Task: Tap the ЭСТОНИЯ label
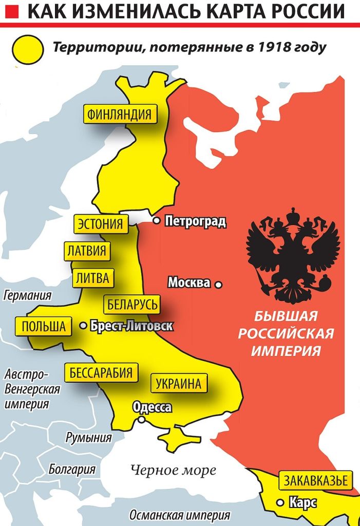(101, 224)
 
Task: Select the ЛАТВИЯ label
(87, 251)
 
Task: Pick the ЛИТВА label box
(92, 278)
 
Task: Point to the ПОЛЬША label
(44, 326)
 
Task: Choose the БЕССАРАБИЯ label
(101, 372)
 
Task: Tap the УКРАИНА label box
(179, 383)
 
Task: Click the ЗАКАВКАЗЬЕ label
(316, 481)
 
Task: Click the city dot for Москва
(218, 284)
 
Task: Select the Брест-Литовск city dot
(83, 325)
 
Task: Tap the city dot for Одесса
(141, 419)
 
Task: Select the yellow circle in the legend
(28, 49)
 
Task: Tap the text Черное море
(173, 469)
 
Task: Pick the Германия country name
(27, 296)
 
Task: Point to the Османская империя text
(179, 515)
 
